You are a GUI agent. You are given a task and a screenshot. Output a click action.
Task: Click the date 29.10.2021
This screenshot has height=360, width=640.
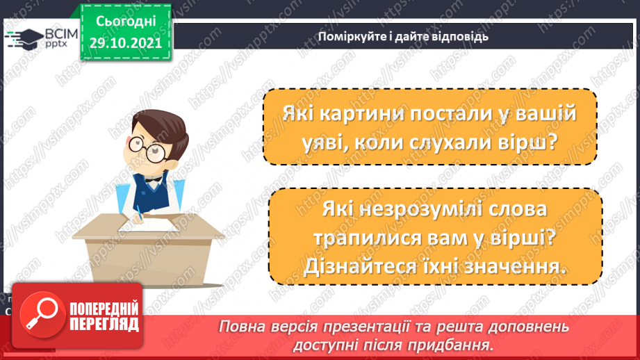pos(125,42)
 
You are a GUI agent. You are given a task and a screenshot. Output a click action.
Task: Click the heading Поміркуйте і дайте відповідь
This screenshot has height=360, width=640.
pos(404,36)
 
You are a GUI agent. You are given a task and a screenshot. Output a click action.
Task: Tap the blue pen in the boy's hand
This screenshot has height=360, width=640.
pos(139,211)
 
